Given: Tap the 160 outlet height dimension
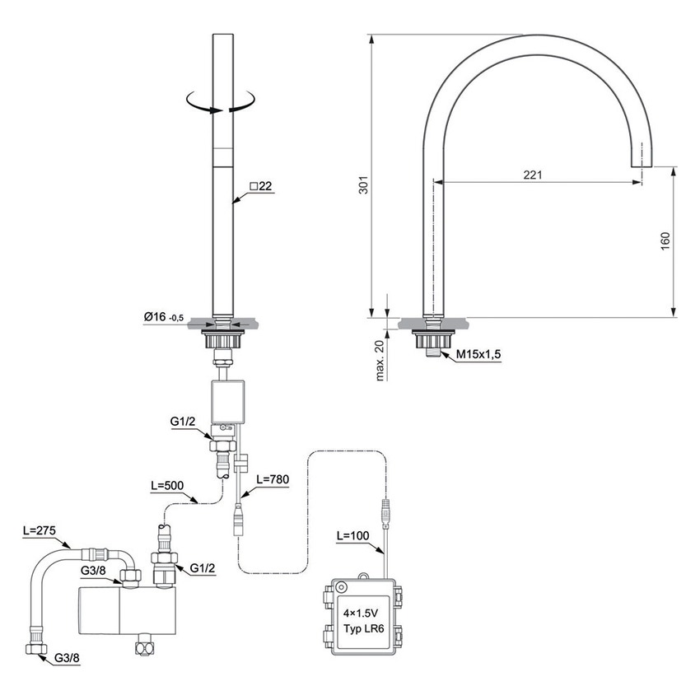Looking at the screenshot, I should [665, 240].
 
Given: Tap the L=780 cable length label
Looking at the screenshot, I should [273, 478].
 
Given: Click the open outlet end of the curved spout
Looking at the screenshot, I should [640, 163].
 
